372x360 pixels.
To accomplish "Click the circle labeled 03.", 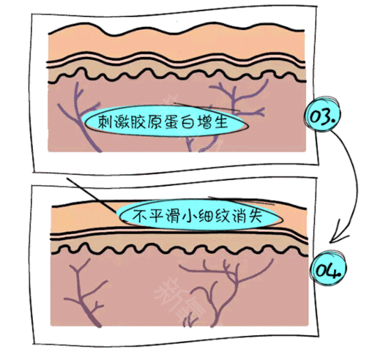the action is [x=322, y=114].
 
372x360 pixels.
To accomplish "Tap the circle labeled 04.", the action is [x=328, y=268].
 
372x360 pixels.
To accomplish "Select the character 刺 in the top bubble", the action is [x=105, y=121].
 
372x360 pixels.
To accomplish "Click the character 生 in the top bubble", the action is [x=221, y=121].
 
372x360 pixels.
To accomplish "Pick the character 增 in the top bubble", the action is [x=204, y=121].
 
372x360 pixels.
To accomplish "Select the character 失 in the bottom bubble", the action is [x=255, y=215].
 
